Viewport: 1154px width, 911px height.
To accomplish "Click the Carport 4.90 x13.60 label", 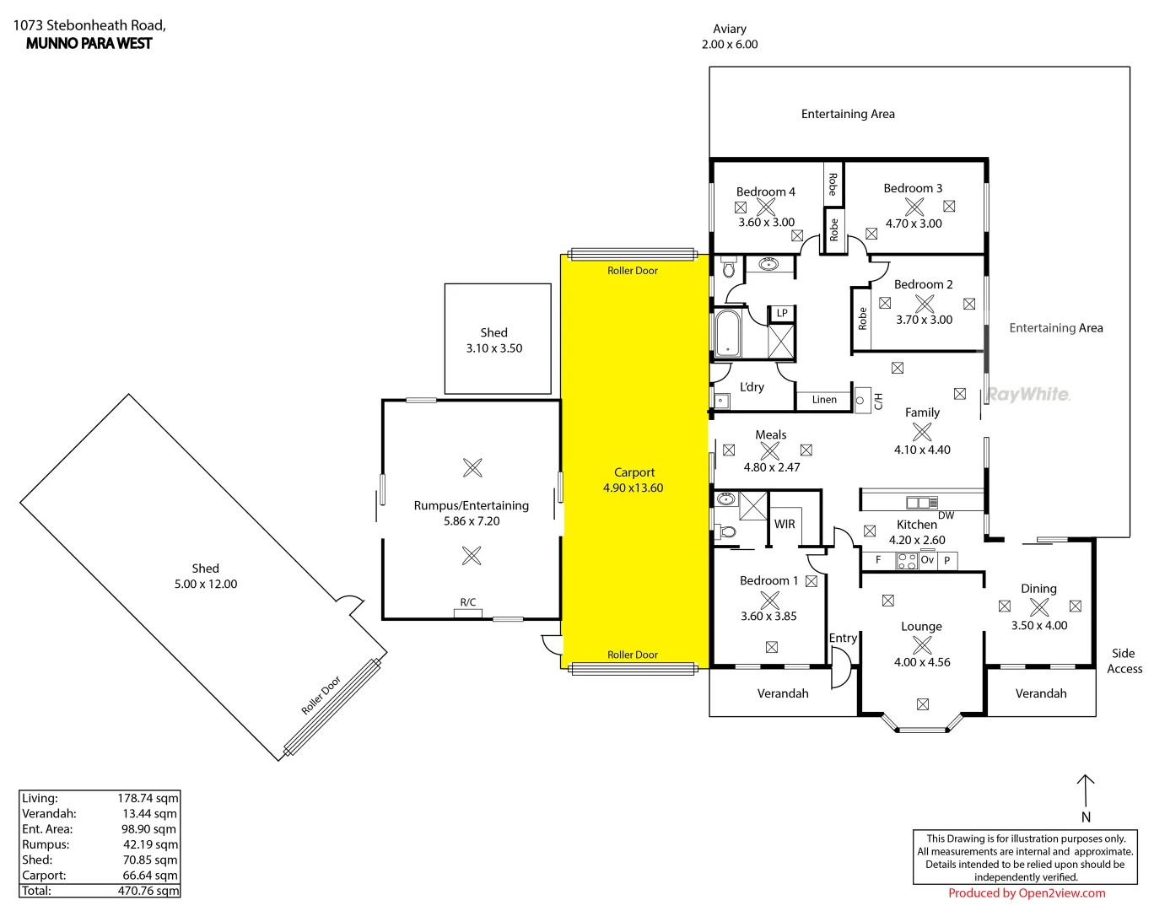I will click(634, 480).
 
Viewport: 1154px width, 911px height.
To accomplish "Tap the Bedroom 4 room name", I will click(765, 192).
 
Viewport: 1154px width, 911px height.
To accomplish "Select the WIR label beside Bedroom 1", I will click(785, 524).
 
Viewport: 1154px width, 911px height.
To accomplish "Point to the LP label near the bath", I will click(782, 313).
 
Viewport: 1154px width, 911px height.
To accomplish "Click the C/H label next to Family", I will click(878, 401).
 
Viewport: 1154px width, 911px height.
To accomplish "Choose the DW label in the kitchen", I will click(946, 515).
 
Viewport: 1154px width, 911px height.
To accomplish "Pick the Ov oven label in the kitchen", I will click(927, 559).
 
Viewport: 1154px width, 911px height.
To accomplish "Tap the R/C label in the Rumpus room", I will click(468, 602).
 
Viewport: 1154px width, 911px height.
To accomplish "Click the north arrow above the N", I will click(1086, 790).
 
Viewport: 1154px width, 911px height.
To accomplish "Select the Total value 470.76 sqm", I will click(148, 891).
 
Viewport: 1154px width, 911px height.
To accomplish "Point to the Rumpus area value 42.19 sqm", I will click(150, 844).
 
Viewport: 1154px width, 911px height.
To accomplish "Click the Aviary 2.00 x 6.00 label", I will click(730, 36).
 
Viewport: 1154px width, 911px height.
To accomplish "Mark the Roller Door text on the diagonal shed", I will click(321, 695).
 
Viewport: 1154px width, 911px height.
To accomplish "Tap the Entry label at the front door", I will click(843, 638).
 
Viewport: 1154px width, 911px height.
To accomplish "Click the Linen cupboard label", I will click(824, 400).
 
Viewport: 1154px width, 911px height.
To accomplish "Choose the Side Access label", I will click(1124, 660).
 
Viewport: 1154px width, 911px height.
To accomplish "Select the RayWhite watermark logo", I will click(1028, 394).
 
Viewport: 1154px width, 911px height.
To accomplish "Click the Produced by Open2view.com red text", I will click(1027, 893).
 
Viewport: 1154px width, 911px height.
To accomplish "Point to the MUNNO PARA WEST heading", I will click(89, 44).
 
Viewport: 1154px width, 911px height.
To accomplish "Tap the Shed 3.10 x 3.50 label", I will click(494, 340).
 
